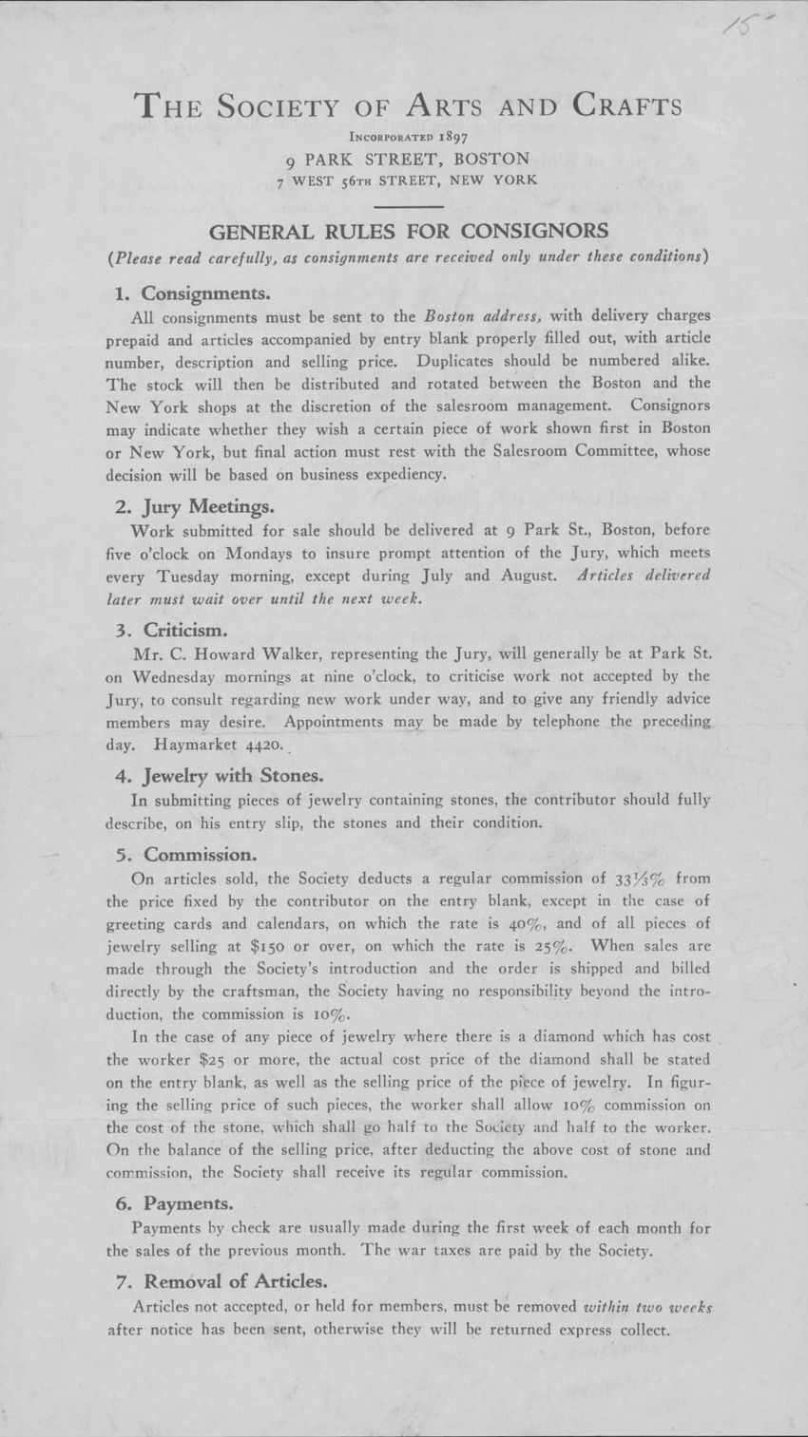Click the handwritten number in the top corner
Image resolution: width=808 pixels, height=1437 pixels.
(741, 21)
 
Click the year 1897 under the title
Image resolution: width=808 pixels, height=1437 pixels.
(439, 137)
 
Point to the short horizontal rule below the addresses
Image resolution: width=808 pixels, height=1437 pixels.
(408, 205)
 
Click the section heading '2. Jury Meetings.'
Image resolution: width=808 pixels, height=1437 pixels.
(196, 506)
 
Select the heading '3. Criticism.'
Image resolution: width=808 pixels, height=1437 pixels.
(171, 630)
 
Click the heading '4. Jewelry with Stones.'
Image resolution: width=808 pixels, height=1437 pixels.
(218, 776)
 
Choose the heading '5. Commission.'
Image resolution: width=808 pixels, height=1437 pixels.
(185, 854)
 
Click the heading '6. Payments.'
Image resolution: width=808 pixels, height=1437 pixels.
(174, 1204)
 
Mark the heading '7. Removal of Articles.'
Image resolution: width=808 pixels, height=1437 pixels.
(221, 1281)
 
